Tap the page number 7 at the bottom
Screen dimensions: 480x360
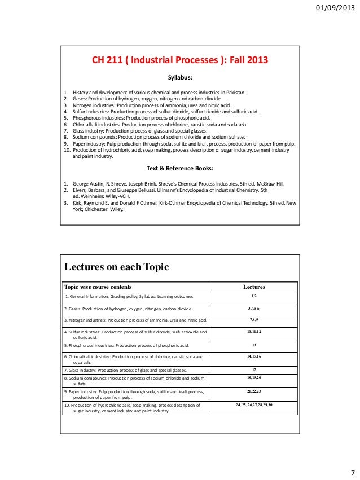click(x=352, y=472)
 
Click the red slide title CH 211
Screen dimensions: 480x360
click(x=181, y=60)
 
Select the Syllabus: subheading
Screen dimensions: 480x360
click(x=181, y=78)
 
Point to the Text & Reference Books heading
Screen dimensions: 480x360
click(x=180, y=168)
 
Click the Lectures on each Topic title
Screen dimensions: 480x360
click(x=116, y=267)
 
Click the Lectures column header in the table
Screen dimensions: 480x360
click(x=253, y=287)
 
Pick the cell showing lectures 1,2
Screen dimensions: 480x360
click(x=253, y=296)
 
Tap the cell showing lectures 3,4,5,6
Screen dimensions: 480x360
click(x=253, y=309)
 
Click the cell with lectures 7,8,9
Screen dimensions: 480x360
click(x=253, y=320)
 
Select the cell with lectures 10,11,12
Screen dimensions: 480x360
click(x=253, y=332)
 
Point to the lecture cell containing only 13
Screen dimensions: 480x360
click(x=253, y=345)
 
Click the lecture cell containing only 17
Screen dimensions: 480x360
click(x=253, y=369)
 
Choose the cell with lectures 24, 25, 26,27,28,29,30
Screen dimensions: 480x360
click(x=253, y=405)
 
